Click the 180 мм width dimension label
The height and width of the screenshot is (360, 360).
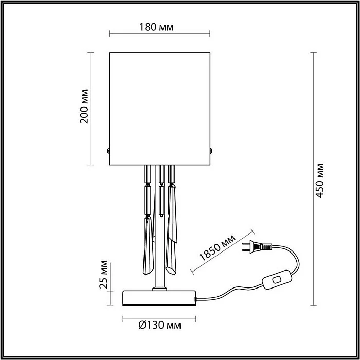(x=159, y=27)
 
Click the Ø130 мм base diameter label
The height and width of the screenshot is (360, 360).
(x=159, y=325)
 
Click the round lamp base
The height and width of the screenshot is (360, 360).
(x=159, y=298)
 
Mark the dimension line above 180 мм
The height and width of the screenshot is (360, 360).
(x=159, y=35)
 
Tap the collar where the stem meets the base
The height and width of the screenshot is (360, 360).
(x=160, y=289)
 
